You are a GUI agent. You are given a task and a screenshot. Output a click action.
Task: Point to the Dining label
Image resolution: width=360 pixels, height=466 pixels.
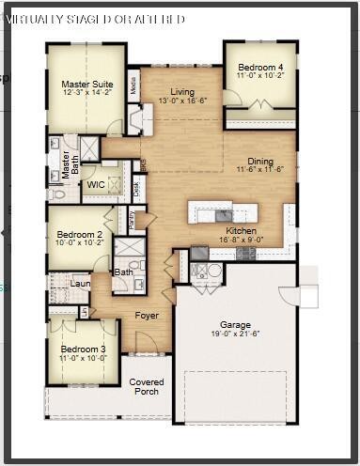coord(261,162)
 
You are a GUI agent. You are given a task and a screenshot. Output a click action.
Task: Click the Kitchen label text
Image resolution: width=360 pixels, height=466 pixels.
coord(242,230)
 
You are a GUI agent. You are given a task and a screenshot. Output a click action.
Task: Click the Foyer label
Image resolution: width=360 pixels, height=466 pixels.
coord(147,316)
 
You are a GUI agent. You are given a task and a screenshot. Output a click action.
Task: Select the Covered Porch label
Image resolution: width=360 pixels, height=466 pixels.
coord(147,386)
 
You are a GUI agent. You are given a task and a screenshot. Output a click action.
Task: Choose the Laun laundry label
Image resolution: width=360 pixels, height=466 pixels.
coord(81,283)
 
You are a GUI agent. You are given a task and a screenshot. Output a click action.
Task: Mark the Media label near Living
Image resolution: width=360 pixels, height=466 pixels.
coord(133,85)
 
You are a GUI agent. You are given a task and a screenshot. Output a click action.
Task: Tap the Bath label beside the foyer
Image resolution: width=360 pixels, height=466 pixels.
coord(123,272)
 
